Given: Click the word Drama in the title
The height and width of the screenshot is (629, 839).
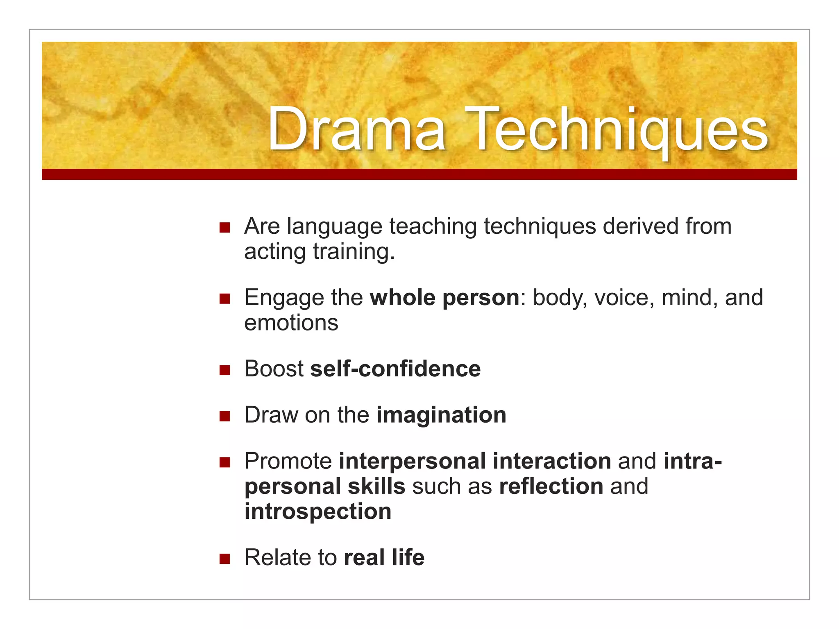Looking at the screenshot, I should point(356,130).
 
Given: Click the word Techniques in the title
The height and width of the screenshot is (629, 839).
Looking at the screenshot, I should point(617,130).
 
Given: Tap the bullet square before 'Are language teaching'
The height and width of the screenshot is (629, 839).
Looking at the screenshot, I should point(224,227).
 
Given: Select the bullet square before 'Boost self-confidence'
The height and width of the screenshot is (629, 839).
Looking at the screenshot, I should point(224,370).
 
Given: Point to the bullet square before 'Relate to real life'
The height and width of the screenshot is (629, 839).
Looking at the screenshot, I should point(224,559).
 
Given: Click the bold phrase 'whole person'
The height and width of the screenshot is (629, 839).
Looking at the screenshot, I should point(444,298).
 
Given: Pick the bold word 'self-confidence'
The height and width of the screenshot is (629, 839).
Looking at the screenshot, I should point(395,369).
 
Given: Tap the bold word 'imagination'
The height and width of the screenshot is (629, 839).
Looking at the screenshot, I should point(441,415).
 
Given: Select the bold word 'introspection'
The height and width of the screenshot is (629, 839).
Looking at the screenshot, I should point(318,512).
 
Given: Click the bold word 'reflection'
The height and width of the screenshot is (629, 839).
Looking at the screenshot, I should point(551,486).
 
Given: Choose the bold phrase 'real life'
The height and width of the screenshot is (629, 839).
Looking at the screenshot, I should point(384,558).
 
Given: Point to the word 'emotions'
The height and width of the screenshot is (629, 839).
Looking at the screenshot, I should point(291,323).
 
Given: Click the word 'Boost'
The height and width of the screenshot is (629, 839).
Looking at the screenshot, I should point(274,369).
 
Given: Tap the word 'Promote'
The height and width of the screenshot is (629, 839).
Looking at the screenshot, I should point(288,462).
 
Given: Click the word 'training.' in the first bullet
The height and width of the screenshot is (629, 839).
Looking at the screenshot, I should point(354,252).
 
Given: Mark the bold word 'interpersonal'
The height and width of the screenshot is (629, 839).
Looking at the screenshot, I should point(412,462).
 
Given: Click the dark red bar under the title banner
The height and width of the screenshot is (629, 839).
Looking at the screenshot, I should point(419,174).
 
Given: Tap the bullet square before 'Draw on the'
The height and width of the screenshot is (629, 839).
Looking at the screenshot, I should point(224,416).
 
